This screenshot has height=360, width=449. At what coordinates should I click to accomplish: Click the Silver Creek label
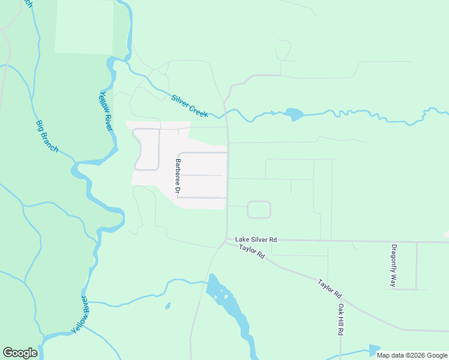[190, 106]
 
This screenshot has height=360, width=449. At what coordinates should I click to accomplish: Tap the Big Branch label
[47, 136]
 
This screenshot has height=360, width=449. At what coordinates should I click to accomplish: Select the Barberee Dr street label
[178, 176]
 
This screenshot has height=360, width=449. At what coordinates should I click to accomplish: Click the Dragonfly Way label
[394, 265]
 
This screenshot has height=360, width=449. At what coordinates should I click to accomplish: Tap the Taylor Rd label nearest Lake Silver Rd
[252, 251]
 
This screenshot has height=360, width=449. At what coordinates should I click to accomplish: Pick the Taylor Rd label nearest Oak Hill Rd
[330, 289]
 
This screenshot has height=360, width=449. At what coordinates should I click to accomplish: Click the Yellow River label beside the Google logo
[80, 315]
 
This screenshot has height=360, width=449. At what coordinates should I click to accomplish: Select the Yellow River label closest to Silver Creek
[106, 112]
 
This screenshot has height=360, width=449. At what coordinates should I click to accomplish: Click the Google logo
[20, 353]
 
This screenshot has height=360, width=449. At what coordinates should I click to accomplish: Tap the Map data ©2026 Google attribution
[412, 355]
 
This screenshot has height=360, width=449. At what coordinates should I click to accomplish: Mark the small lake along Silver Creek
[294, 114]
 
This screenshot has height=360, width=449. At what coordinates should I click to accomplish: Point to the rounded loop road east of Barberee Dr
[259, 209]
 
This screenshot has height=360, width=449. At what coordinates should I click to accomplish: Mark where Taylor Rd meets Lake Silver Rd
[226, 241]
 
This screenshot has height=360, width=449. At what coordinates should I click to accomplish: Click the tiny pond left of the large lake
[167, 306]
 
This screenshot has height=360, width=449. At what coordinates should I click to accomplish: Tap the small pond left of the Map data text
[374, 350]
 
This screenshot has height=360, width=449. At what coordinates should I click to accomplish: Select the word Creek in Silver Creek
[198, 110]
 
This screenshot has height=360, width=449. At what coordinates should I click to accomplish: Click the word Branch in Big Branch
[51, 142]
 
